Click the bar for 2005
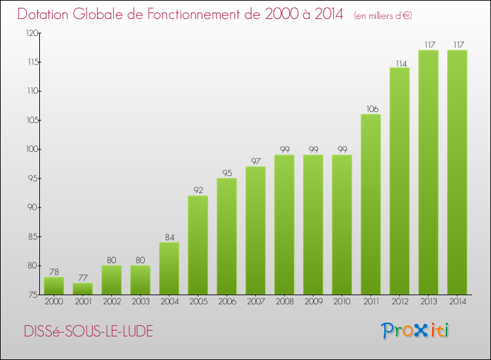pyautogui.click(x=198, y=245)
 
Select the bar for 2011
pyautogui.click(x=371, y=204)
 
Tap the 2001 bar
pyautogui.click(x=82, y=289)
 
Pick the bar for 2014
pyautogui.click(x=457, y=172)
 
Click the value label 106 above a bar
pyautogui.click(x=373, y=109)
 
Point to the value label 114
pyautogui.click(x=401, y=64)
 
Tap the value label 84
pyautogui.click(x=170, y=238)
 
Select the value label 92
pyautogui.click(x=198, y=190)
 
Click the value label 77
pyautogui.click(x=82, y=278)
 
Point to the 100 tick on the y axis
pyautogui.click(x=32, y=149)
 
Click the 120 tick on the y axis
pyautogui.click(x=32, y=33)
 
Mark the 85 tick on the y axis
pyautogui.click(x=33, y=236)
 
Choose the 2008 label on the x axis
pyautogui.click(x=285, y=302)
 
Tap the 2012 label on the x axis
pyautogui.click(x=400, y=302)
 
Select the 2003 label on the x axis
pyautogui.click(x=141, y=302)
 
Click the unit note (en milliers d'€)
pyautogui.click(x=383, y=16)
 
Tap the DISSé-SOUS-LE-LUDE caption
pyautogui.click(x=88, y=331)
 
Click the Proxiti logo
pyautogui.click(x=415, y=331)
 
